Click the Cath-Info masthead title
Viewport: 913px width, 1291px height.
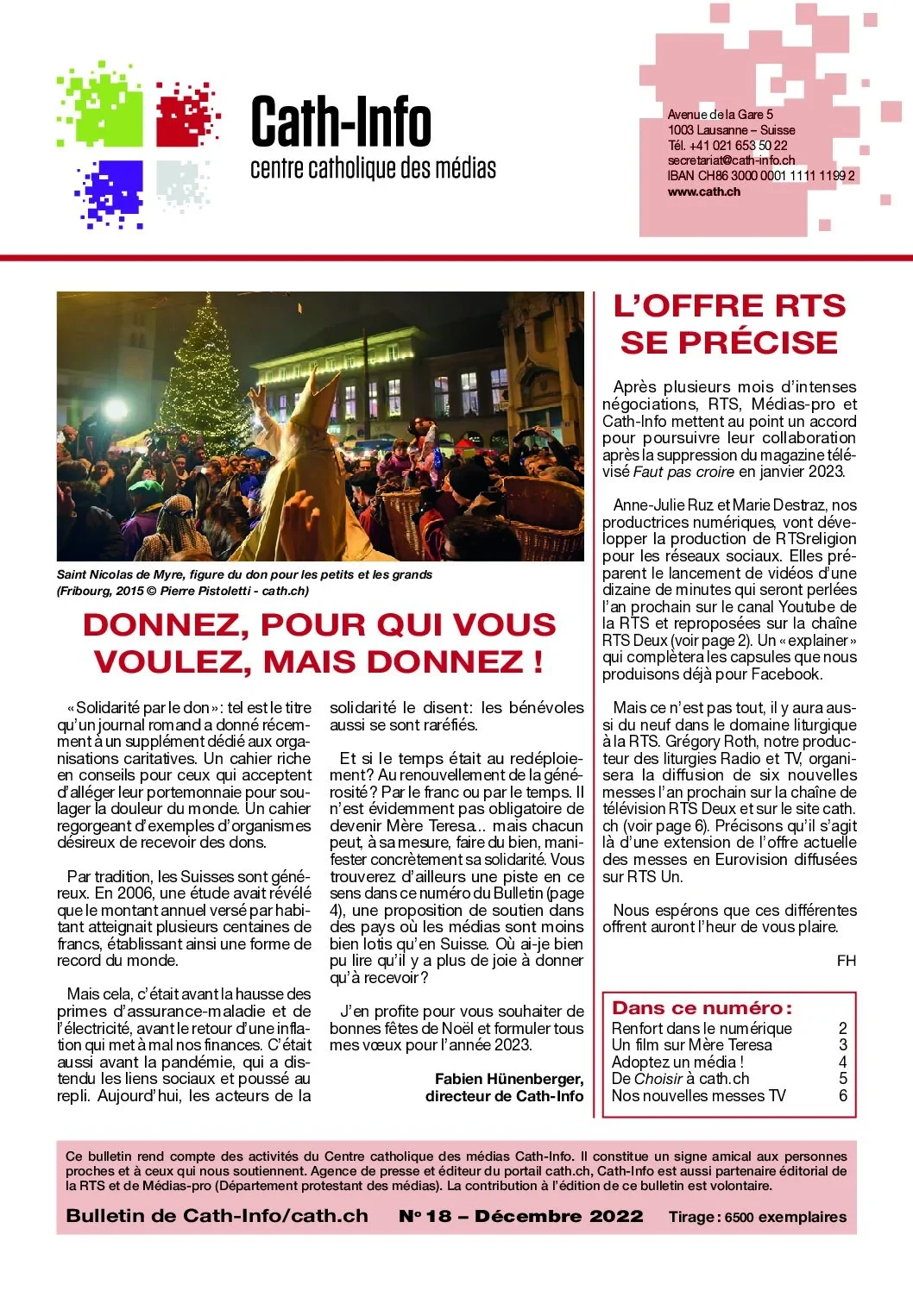coord(341,122)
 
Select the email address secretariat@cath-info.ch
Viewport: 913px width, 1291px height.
coord(731,160)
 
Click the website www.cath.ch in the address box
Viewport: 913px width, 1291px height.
coord(703,191)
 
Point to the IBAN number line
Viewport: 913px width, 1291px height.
coord(760,176)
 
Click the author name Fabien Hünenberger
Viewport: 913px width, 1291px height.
coord(508,1079)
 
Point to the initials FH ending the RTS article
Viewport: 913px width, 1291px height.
coord(846,961)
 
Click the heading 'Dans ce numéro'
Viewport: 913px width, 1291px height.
coord(702,1008)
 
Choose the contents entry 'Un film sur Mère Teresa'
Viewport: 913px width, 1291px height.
coord(691,1045)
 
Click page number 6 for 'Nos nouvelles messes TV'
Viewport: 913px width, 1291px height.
coord(843,1096)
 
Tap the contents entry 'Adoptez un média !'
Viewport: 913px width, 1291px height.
coord(677,1062)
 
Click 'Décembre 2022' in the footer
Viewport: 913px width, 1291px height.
coord(558,1217)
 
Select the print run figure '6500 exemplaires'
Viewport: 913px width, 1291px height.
coord(785,1218)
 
